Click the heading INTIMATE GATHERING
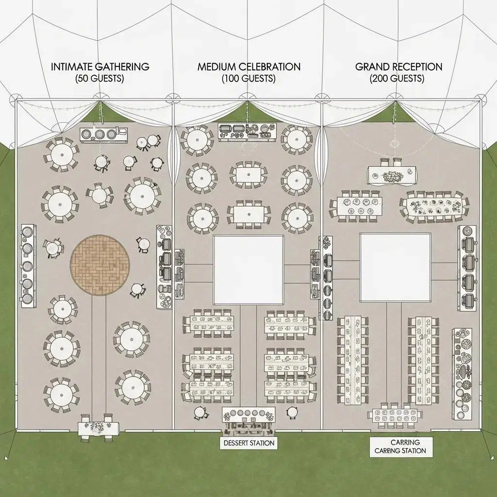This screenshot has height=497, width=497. coord(100,67)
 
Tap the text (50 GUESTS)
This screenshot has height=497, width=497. coord(100,79)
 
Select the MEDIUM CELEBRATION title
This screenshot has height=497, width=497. coord(248,67)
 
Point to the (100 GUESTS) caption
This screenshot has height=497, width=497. coord(248,78)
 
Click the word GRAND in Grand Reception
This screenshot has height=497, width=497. coord(372,67)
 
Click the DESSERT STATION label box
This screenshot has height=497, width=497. coord(248,443)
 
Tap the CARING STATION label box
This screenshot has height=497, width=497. coord(400,447)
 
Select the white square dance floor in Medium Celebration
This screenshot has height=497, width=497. coord(248,270)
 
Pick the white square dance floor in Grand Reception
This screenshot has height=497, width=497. coord(395,267)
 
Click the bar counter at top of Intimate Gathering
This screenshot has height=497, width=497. coord(103,134)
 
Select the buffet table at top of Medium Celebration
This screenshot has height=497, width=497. coord(247,131)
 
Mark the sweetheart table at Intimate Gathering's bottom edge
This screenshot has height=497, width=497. coord(99,427)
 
